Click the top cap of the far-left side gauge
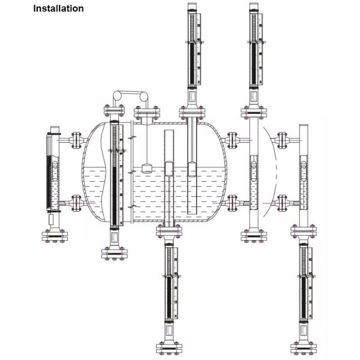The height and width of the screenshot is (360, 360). (55, 130)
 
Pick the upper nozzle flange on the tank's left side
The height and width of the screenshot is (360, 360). (76, 139)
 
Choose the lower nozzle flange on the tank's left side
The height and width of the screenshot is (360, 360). (76, 204)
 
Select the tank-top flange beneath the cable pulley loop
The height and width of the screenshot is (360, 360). (147, 113)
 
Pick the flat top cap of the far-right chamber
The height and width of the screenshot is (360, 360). (303, 125)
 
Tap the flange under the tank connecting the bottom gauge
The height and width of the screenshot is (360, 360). (169, 230)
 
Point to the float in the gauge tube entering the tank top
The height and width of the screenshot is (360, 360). (192, 169)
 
